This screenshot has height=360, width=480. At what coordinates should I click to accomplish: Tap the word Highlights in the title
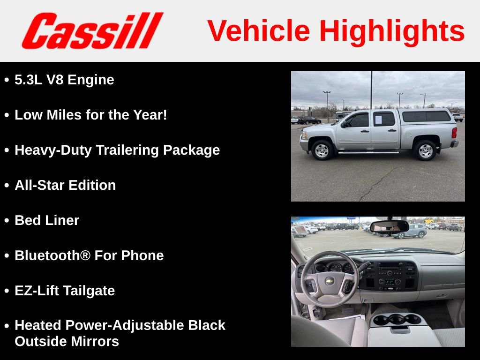pos(392,31)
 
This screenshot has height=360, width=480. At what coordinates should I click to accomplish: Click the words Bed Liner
pos(47,220)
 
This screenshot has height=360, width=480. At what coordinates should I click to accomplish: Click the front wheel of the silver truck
pos(322,150)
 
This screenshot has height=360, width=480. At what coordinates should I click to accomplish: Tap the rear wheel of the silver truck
pos(425,150)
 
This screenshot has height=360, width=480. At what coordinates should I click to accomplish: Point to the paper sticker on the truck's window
pos(378,120)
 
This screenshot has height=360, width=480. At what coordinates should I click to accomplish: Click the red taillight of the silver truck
pos(454,133)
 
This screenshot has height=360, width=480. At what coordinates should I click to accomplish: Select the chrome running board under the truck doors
pos(368,152)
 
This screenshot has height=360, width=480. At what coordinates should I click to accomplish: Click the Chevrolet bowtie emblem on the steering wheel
pos(330,281)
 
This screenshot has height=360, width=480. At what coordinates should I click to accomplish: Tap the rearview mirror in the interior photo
pos(389,227)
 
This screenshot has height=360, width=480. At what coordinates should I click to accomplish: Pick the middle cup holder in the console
pos(397,319)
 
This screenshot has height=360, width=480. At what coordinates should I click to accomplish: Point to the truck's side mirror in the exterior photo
pos(345,124)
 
